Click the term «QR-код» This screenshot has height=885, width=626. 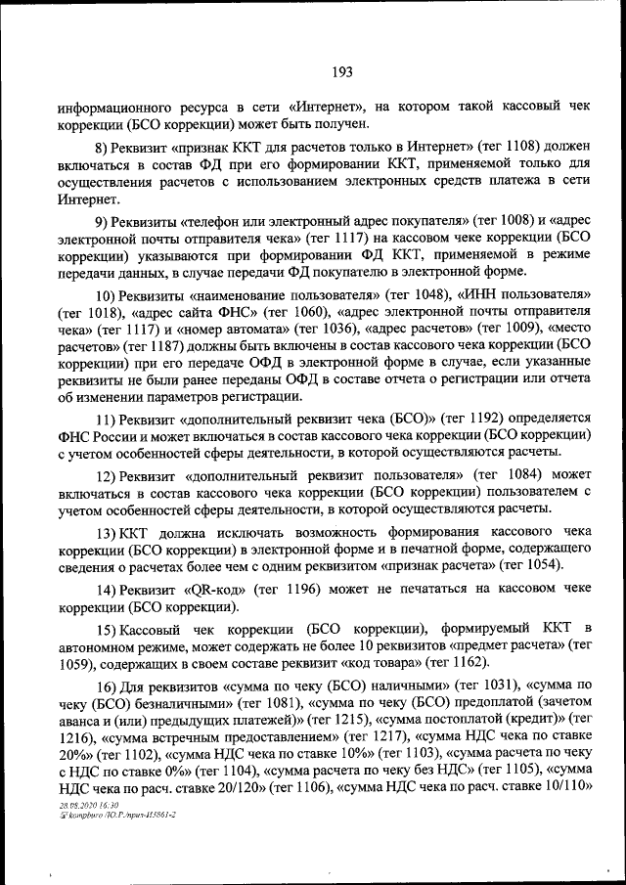[x=211, y=590]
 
